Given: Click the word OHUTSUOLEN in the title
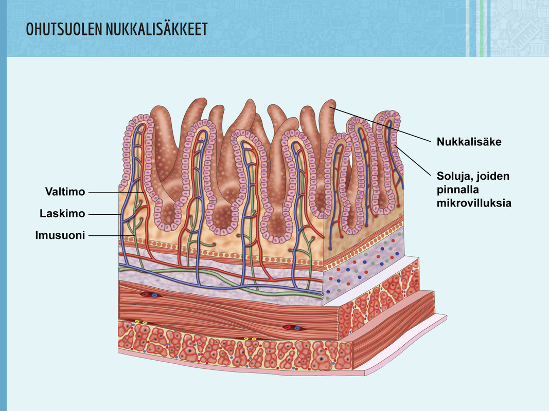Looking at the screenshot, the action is pos(64,29).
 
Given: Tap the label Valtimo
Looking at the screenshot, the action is pos(65,192).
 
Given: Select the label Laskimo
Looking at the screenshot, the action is pos(62,214).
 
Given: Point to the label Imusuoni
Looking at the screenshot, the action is pos(60,235).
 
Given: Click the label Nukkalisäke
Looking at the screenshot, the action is pos(469,142).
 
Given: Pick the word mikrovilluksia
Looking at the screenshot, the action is pos(474,203).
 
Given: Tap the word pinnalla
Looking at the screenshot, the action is pos(457,190).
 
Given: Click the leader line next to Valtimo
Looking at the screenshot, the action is pos(116,192).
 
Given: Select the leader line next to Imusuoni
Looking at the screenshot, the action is pos(111,236).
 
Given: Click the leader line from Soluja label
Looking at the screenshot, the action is pos(413,160).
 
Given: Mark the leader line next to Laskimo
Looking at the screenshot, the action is pos(104,214).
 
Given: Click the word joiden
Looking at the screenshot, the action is pos(492,176).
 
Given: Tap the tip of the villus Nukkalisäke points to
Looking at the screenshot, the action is pos(330,102).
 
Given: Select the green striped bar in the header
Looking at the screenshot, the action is pos(482,28).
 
